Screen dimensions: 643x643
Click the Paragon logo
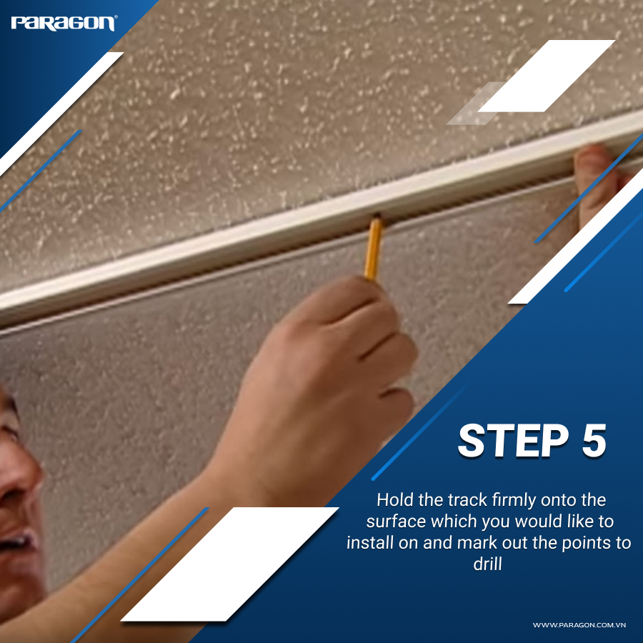[x=63, y=23]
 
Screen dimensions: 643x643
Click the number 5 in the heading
[x=592, y=441]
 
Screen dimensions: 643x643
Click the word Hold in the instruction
[x=392, y=499]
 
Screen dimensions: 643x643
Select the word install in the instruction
[x=369, y=542]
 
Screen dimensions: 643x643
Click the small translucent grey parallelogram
[x=475, y=104]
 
